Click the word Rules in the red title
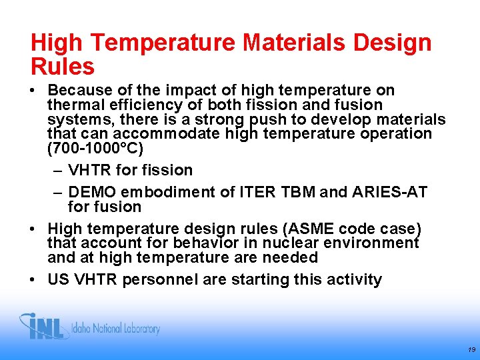point(63,67)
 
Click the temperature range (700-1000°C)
point(95,148)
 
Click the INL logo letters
point(44,327)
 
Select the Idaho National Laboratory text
point(116,329)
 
